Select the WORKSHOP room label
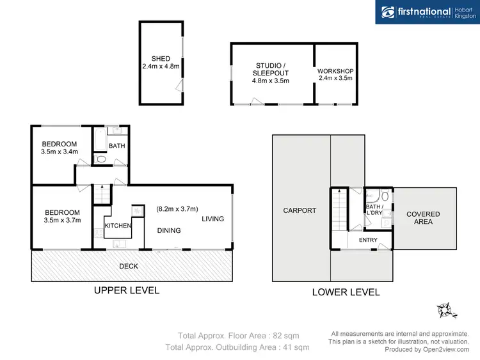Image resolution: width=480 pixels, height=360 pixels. click(335, 71)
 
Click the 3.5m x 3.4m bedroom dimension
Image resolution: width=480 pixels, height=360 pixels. click(59, 152)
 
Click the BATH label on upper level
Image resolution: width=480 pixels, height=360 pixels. click(117, 146)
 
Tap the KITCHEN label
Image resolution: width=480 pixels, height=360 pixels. click(118, 226)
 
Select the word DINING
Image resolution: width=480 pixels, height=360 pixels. click(169, 231)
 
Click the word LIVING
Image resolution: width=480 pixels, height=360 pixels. click(213, 219)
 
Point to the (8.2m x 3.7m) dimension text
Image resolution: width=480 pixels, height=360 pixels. click(177, 208)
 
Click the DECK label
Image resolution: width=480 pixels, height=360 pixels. click(128, 266)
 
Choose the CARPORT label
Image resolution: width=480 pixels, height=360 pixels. click(300, 210)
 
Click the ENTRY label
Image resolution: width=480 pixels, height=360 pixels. click(368, 240)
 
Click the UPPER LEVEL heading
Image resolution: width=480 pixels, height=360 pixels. click(127, 290)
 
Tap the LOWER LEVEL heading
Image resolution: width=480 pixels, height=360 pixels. click(346, 292)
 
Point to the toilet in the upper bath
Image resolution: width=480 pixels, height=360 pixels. click(100, 158)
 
